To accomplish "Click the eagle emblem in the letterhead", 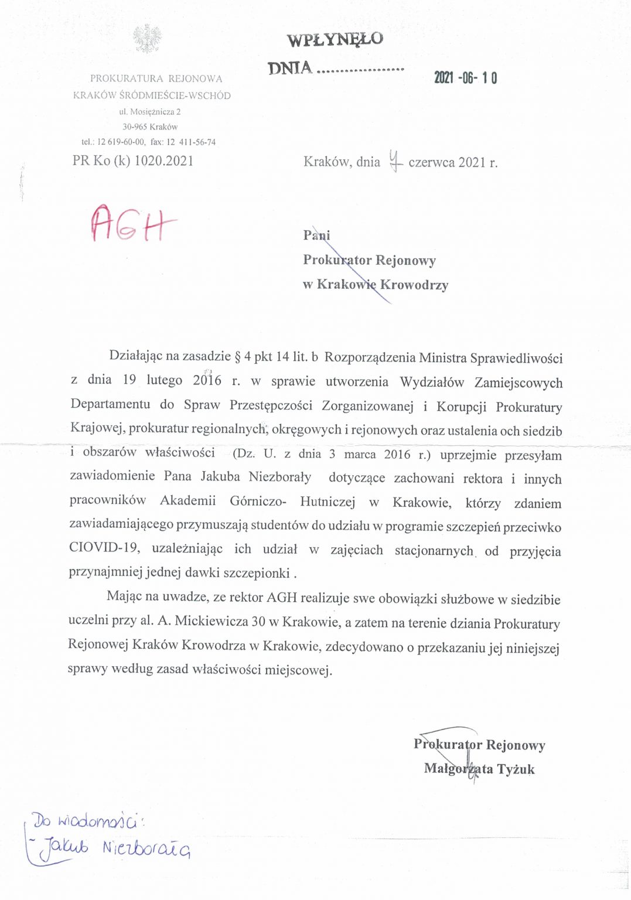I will pyautogui.click(x=147, y=39).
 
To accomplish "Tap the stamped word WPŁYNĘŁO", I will pyautogui.click(x=335, y=39).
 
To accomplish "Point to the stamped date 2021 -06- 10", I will pyautogui.click(x=465, y=78).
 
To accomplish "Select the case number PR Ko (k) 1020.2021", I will pyautogui.click(x=133, y=161).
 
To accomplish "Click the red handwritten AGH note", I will pyautogui.click(x=132, y=223).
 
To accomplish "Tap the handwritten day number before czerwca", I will pyautogui.click(x=396, y=161).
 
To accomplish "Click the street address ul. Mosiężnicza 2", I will pyautogui.click(x=150, y=111).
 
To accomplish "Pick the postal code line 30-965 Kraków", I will pyautogui.click(x=150, y=127).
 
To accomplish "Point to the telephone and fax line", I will pyautogui.click(x=148, y=142).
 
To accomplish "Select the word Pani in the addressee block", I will pyautogui.click(x=316, y=235).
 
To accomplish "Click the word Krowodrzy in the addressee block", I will pyautogui.click(x=414, y=285).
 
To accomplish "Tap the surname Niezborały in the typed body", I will pyautogui.click(x=280, y=476).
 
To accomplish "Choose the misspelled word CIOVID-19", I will pyautogui.click(x=104, y=548).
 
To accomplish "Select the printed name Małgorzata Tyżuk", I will pyautogui.click(x=479, y=769).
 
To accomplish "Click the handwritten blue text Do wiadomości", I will pyautogui.click(x=87, y=821).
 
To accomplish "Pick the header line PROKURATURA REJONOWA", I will pyautogui.click(x=156, y=79).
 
